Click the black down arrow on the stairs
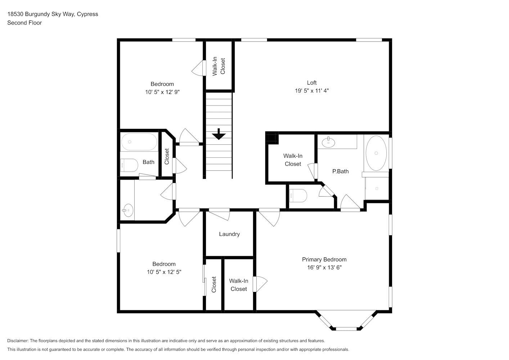coord(219,135)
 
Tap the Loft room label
coord(312,82)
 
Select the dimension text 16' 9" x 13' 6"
coord(324,267)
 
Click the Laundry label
coord(229,234)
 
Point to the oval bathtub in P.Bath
coord(376,153)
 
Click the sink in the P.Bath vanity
coord(328,142)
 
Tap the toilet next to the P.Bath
coord(299,196)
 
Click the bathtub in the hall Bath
coord(139,142)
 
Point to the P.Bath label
coord(340,171)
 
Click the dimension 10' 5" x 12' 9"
coord(162,92)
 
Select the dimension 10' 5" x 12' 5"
coord(164,272)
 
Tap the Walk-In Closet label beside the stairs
coord(219,66)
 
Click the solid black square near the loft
coord(272,138)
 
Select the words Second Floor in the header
coord(24,23)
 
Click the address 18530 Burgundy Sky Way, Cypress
coord(53,14)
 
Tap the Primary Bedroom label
coord(324,259)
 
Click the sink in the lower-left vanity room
coord(127,210)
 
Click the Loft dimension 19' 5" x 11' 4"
coord(312,91)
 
